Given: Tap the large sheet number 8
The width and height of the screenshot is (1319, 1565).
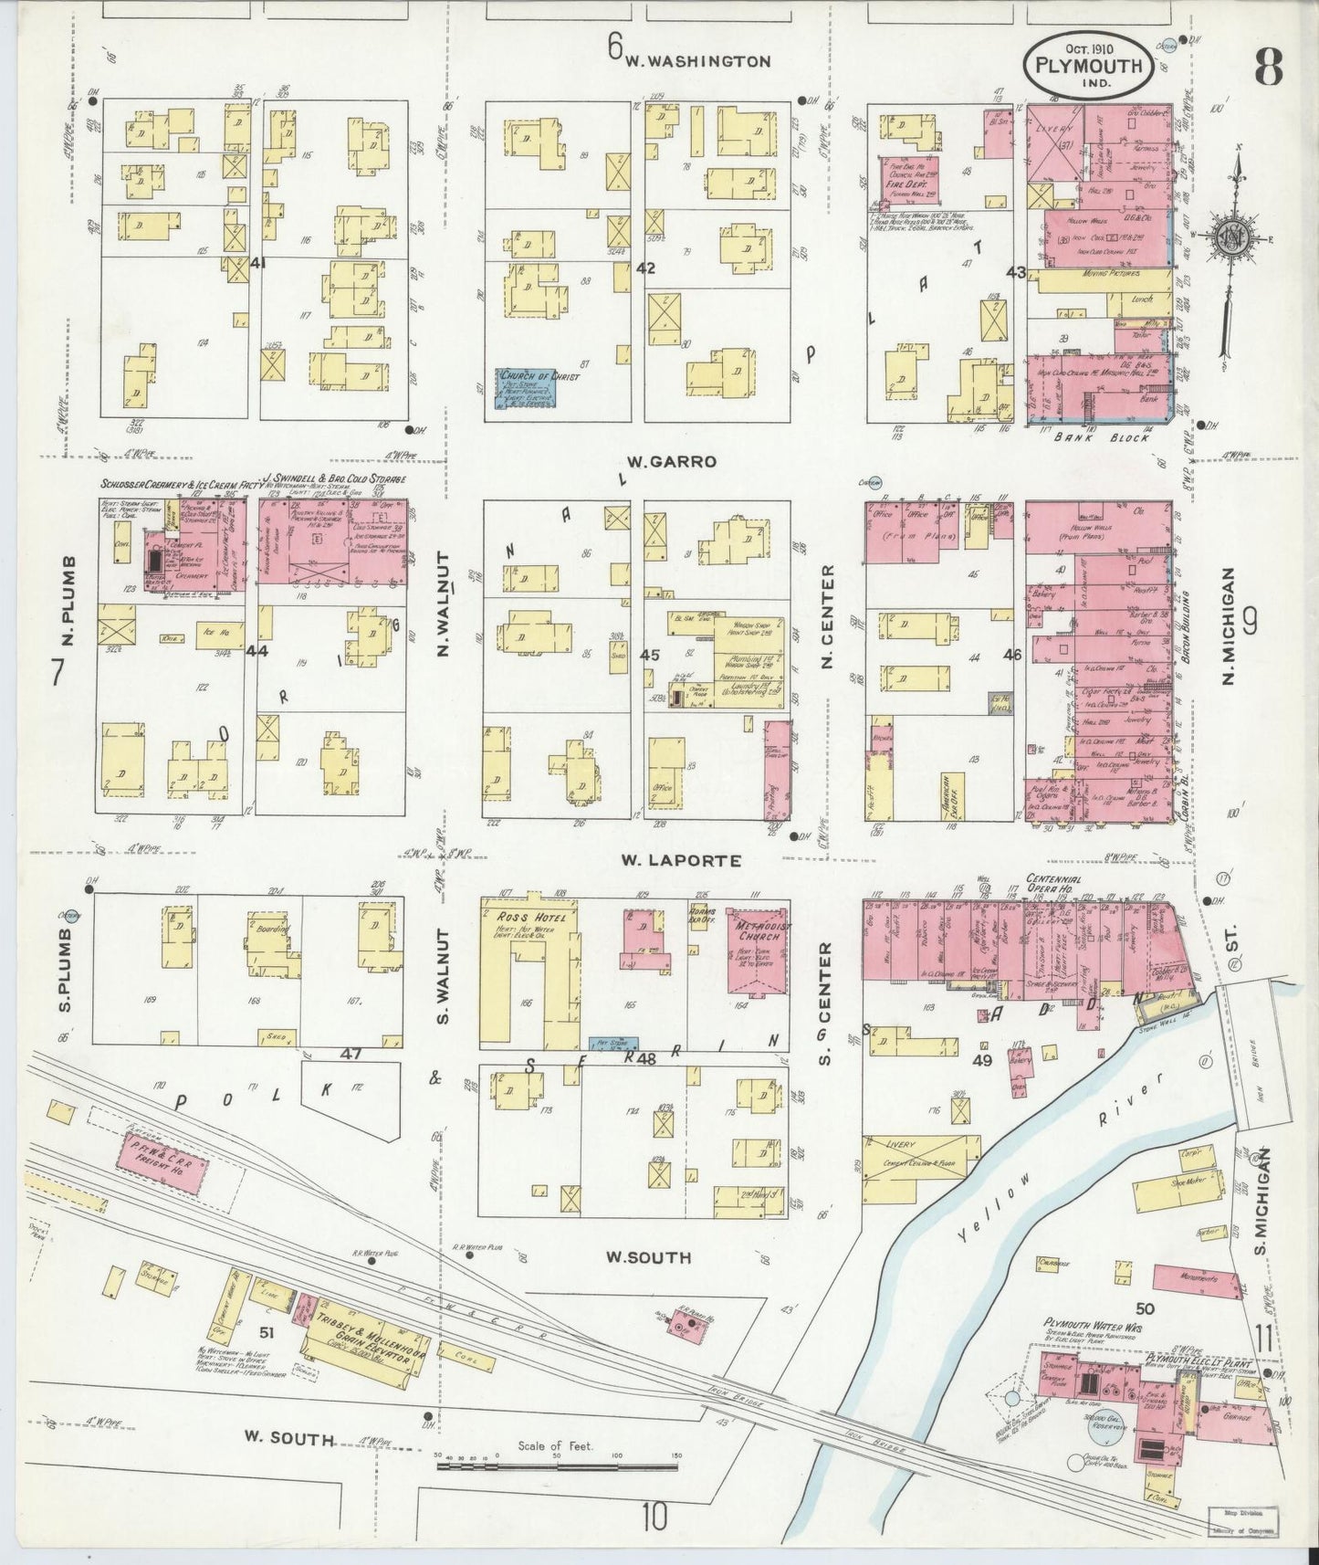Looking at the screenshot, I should [x=1268, y=66].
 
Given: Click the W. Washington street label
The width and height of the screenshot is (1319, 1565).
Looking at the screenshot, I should [x=697, y=62].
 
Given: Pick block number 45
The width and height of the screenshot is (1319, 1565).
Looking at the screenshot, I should [x=649, y=655].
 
